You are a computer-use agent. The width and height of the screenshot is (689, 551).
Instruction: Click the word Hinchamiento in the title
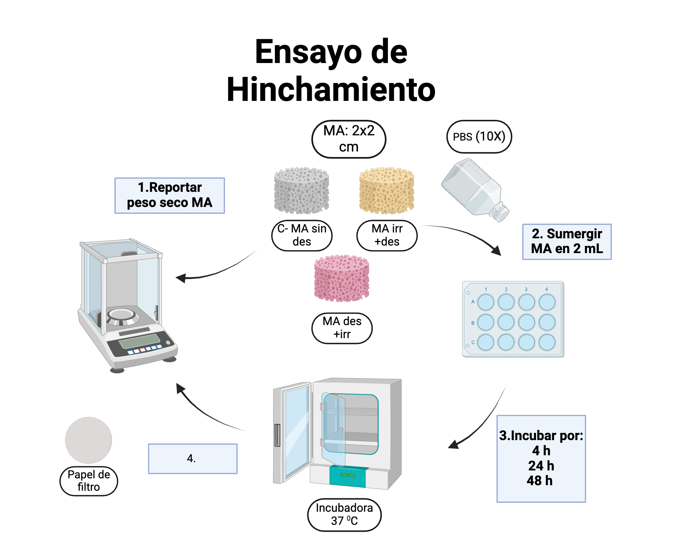pos(331,90)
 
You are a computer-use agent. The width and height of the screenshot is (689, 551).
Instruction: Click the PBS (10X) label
pos(479,137)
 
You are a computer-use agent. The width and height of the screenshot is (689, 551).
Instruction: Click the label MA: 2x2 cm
pos(349,139)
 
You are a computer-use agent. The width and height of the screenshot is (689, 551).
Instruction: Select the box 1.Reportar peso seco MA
pos(169,195)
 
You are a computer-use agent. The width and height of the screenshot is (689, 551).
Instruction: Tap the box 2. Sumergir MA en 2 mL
pos(567,241)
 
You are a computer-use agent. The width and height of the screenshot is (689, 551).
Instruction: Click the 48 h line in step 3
pos(539,480)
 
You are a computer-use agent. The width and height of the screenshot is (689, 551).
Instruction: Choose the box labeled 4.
pos(193,458)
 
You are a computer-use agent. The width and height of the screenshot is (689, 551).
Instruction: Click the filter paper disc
pos(89,440)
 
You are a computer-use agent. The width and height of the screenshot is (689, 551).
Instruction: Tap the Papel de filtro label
pos(89,481)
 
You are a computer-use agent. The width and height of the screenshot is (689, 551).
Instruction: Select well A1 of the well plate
pos(486,302)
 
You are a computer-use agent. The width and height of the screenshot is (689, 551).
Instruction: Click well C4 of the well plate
pos(547,342)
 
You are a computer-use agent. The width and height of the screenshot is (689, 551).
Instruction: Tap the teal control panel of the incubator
pos(347,476)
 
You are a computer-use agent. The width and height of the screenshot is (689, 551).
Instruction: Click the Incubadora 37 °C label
pos(344,514)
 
